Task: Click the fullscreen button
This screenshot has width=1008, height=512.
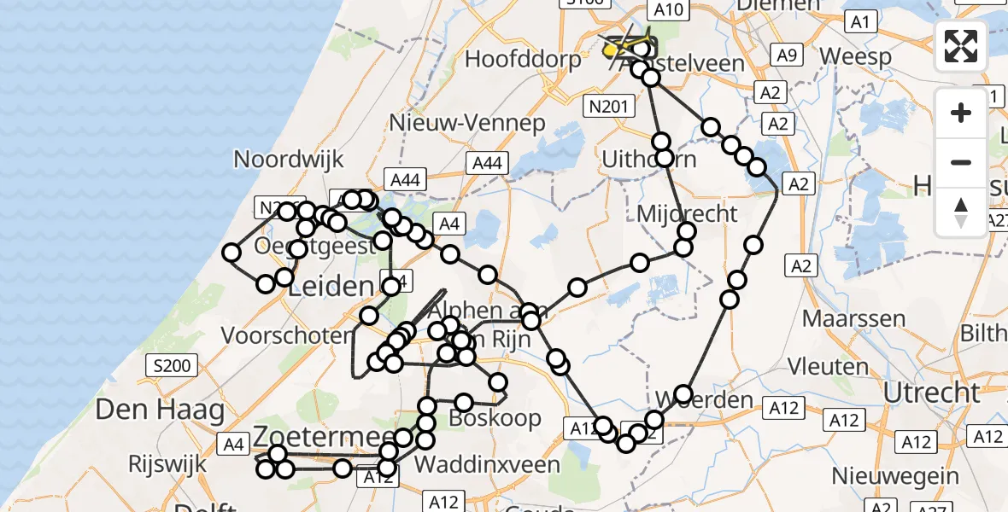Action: pos(961,45)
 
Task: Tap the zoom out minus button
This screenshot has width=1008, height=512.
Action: pos(961,162)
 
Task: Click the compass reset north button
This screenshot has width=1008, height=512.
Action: pos(961,212)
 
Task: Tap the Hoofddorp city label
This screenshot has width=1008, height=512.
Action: pos(523,59)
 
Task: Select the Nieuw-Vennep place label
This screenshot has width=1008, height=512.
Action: pos(466,123)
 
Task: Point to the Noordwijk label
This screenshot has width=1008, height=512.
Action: pos(289,159)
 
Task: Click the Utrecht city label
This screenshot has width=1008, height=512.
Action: pos(931,393)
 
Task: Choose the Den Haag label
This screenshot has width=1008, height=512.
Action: pos(160,410)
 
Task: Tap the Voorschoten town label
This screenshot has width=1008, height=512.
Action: pos(287,335)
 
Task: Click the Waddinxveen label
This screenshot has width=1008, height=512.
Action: pos(487,465)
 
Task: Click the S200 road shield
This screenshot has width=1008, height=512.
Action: pos(173,366)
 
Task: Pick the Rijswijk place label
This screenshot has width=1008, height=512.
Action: pos(167,465)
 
